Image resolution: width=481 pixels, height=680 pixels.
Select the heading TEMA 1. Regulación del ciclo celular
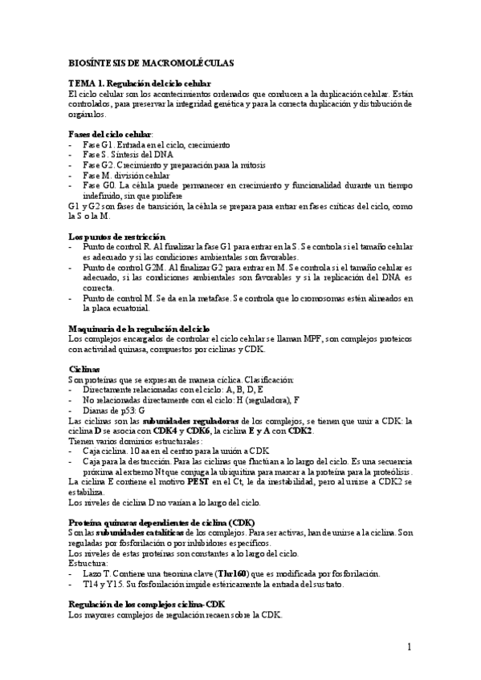click(139, 83)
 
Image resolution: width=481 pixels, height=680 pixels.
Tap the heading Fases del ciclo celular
click(110, 134)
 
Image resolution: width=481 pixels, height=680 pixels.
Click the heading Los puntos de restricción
click(117, 237)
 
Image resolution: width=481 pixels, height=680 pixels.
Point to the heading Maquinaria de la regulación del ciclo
click(139, 329)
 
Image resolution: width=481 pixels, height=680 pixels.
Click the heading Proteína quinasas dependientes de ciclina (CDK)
click(161, 522)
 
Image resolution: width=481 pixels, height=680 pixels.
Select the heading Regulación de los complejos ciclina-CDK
click(147, 603)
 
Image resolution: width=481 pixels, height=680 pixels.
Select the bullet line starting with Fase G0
click(241, 185)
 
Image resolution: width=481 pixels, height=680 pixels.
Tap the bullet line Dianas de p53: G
click(113, 410)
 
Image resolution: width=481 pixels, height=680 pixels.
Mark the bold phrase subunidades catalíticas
click(141, 532)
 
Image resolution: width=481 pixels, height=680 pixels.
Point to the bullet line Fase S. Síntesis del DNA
click(128, 155)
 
